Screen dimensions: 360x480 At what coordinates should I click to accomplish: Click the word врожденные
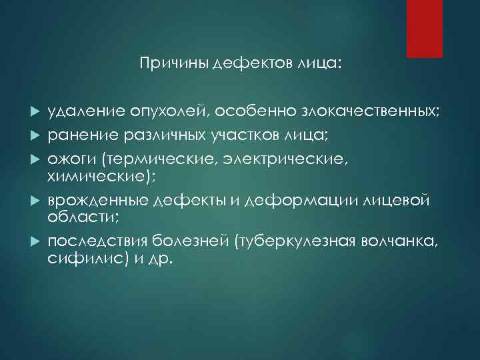pos(97,201)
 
